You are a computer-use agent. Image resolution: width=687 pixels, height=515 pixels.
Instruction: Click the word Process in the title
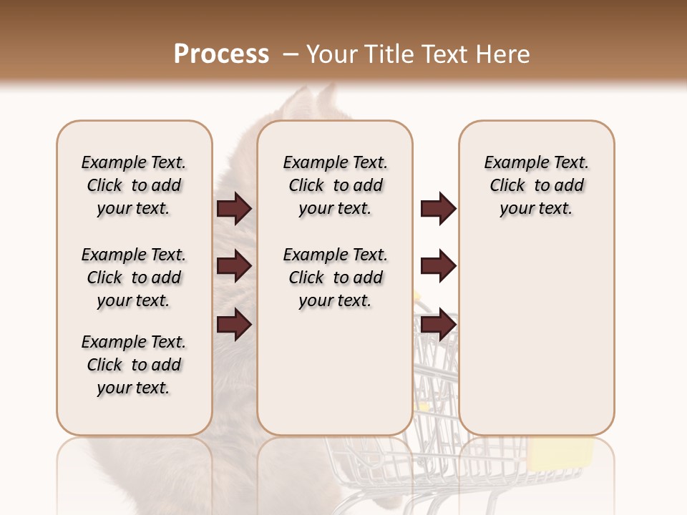(x=221, y=54)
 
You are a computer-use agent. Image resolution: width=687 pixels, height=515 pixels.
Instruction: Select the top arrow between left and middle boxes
(x=234, y=208)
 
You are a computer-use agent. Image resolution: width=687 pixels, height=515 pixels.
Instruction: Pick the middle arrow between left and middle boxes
(x=234, y=266)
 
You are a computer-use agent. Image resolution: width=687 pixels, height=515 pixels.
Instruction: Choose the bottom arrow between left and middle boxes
(x=234, y=324)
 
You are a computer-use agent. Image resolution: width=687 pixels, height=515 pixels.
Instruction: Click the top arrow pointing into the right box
(x=438, y=208)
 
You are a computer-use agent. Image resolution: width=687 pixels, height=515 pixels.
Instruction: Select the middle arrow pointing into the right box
(x=438, y=266)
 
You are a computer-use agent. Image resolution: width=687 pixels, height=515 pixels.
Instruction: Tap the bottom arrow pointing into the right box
(x=438, y=324)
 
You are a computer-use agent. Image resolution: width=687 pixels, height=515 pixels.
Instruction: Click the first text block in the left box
(x=134, y=185)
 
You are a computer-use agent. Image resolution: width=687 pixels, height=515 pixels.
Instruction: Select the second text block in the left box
(x=134, y=278)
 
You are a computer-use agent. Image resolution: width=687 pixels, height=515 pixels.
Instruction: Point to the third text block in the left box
(x=134, y=365)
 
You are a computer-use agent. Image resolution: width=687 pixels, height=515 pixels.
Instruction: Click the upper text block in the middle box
(x=335, y=185)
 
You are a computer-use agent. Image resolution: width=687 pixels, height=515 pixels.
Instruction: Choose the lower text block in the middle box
(x=335, y=278)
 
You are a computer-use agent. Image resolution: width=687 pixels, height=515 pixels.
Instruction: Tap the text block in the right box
(x=536, y=185)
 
